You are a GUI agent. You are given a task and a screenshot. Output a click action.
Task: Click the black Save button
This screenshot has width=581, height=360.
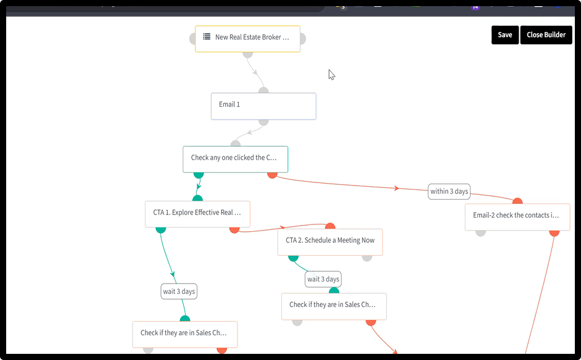[505, 35]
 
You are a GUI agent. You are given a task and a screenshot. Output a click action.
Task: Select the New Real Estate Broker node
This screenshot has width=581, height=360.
[247, 39]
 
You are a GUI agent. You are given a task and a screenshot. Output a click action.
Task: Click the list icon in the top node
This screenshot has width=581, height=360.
[207, 36]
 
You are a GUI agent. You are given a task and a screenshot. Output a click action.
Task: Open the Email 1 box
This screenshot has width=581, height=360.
[263, 106]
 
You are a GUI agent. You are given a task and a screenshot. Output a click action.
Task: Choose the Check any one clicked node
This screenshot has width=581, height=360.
[235, 159]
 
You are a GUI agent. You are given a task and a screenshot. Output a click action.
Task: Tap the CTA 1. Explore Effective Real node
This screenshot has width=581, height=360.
[197, 214]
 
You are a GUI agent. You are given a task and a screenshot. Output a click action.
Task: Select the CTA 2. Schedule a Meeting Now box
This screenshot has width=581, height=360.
[330, 242]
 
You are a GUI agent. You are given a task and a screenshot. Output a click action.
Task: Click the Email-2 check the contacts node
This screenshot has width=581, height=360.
[517, 217]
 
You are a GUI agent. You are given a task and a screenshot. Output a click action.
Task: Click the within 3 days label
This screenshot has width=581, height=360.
[449, 192]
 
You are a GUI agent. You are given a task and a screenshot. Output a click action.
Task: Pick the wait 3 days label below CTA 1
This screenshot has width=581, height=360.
[179, 292]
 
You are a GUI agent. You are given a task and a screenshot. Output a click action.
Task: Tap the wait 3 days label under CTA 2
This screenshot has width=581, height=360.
[323, 279]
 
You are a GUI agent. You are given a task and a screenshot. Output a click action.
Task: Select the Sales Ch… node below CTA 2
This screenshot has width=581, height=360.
[334, 306]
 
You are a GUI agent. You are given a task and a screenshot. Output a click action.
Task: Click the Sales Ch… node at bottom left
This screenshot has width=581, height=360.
[185, 335]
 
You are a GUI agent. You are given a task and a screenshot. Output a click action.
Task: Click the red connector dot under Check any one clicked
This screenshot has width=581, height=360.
[273, 175]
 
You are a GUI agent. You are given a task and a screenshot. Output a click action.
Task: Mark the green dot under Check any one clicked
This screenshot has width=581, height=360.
[199, 175]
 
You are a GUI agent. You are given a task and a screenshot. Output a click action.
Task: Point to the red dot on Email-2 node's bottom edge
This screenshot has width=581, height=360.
[554, 233]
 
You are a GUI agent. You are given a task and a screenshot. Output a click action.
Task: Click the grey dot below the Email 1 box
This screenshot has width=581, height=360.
[263, 122]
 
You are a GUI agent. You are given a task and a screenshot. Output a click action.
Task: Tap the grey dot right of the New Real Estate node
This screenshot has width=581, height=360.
[303, 38]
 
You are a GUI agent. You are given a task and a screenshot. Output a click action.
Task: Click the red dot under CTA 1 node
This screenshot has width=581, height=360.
[234, 230]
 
